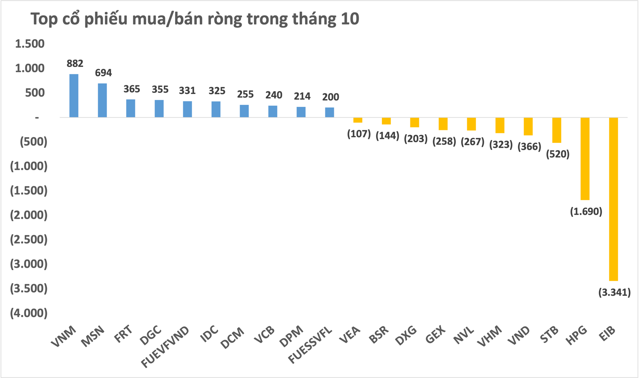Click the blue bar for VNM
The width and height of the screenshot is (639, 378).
click(x=74, y=96)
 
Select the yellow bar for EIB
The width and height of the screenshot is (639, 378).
click(x=613, y=199)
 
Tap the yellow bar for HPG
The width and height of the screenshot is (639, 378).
click(x=585, y=159)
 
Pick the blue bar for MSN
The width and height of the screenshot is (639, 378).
click(x=102, y=100)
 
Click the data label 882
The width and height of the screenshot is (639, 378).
click(x=75, y=63)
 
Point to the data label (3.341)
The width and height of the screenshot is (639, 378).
click(x=614, y=292)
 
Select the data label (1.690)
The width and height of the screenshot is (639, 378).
click(x=586, y=211)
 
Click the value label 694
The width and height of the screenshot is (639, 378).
click(x=103, y=73)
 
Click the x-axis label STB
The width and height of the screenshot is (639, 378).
click(x=549, y=334)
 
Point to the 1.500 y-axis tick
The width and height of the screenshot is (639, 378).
click(x=30, y=44)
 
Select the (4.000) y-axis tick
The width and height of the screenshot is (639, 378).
click(x=29, y=313)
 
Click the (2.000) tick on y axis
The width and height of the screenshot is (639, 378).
click(x=29, y=215)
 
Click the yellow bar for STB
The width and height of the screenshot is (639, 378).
click(x=557, y=130)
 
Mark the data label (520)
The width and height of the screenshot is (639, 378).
click(x=558, y=154)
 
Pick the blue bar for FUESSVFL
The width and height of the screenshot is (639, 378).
click(x=329, y=112)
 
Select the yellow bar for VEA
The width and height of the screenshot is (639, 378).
click(x=358, y=120)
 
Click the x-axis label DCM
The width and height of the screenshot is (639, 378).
click(x=233, y=338)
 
